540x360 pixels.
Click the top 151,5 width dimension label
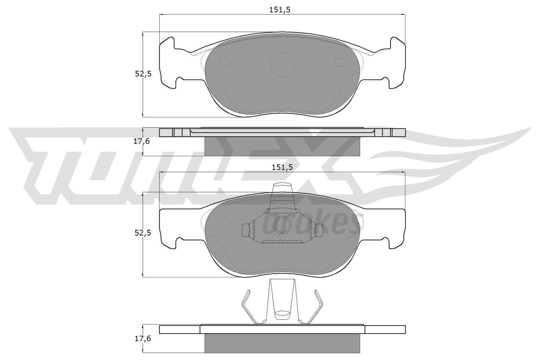280,10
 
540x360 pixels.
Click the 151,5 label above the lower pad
280,167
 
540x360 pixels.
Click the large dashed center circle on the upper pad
282,64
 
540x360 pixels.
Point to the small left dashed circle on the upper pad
224,62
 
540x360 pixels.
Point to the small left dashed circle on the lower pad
224,222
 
